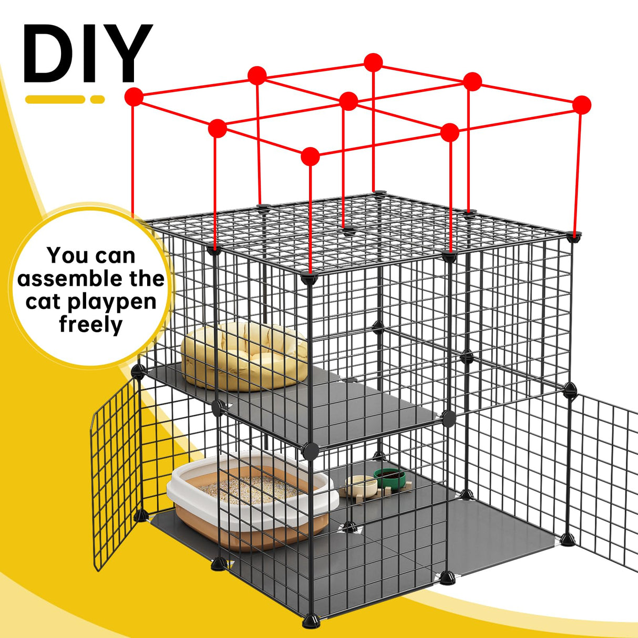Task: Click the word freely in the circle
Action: [x=90, y=325]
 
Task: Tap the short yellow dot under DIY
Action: [x=97, y=99]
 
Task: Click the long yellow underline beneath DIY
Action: [x=55, y=99]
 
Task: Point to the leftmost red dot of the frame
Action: [x=134, y=97]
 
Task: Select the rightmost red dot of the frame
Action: [x=581, y=105]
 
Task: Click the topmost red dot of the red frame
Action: [x=373, y=62]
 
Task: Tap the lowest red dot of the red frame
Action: [x=311, y=156]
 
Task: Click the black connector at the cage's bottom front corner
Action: [x=311, y=621]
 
